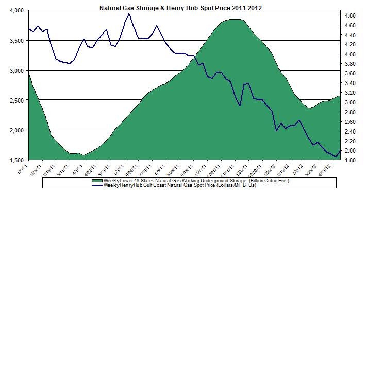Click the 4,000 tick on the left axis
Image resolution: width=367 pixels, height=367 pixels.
click(15, 10)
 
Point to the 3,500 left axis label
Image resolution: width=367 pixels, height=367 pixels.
click(15, 40)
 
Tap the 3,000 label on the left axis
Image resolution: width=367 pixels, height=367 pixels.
click(15, 70)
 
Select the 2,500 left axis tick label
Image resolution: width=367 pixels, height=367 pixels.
click(15, 100)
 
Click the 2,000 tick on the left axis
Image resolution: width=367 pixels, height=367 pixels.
click(15, 130)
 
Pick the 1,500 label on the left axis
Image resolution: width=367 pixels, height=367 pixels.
click(15, 160)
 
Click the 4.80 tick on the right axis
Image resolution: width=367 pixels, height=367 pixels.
click(350, 15)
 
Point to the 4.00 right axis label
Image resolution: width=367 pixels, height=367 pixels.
click(350, 54)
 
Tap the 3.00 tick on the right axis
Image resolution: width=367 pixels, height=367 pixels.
click(350, 102)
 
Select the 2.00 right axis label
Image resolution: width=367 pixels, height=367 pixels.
click(350, 151)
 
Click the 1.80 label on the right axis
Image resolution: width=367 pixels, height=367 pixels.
click(350, 160)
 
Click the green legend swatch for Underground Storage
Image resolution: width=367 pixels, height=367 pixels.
click(96, 181)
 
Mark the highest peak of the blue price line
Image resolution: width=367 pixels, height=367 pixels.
click(129, 14)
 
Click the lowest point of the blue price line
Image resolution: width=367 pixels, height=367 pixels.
click(336, 156)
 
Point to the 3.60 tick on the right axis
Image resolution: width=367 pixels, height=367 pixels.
click(350, 73)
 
